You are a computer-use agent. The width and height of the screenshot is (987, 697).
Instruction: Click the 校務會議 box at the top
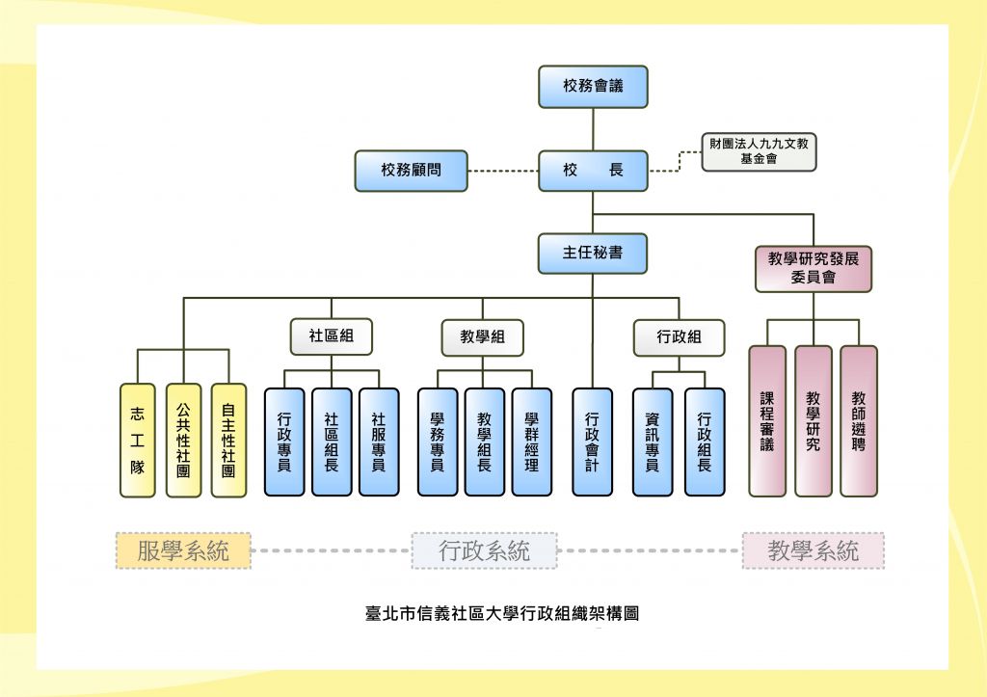tap(593, 86)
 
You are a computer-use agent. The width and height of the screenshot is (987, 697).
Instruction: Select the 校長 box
tap(593, 171)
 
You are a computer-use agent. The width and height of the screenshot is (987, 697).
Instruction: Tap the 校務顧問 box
tap(411, 171)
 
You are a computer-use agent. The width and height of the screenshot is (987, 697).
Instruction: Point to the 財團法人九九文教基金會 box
tap(759, 151)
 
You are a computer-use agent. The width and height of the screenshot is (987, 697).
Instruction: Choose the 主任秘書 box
tap(593, 254)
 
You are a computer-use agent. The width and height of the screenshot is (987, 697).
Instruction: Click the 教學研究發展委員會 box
tap(814, 267)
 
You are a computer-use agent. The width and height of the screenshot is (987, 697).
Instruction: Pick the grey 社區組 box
tap(331, 336)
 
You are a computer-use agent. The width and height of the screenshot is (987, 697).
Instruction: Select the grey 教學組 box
tap(483, 336)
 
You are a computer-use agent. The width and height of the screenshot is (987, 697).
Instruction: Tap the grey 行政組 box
tap(679, 336)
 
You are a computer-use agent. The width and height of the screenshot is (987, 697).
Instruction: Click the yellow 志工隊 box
tap(138, 441)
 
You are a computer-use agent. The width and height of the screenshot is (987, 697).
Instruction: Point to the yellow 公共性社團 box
tap(183, 441)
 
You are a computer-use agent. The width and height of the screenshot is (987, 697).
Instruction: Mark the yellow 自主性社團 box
tap(228, 441)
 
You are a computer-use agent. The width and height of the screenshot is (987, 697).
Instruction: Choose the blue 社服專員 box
tap(378, 442)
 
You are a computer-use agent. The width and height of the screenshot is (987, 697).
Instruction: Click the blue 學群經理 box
tap(531, 442)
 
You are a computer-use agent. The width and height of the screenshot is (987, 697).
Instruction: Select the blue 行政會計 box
tap(592, 442)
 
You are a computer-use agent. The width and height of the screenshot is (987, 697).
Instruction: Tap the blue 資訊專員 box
tap(653, 442)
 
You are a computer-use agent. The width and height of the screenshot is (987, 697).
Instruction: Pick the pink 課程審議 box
tap(767, 421)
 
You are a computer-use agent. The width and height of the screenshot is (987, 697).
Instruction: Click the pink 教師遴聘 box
tap(859, 421)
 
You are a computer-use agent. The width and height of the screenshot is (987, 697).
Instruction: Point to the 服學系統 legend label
tap(183, 550)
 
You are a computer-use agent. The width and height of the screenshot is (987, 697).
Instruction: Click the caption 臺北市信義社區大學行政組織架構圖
tap(502, 612)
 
